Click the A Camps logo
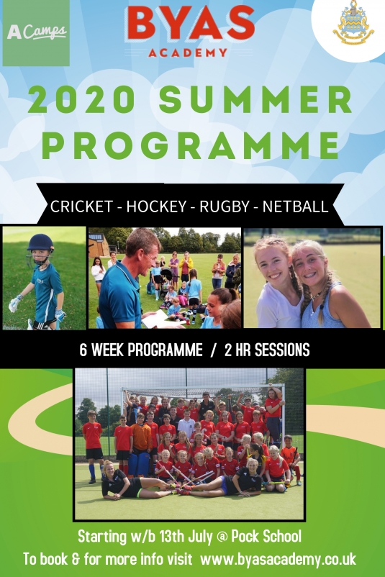pyautogui.click(x=36, y=33)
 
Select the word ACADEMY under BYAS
pyautogui.click(x=188, y=53)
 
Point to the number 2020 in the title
pyautogui.click(x=82, y=99)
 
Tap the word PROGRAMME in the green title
pyautogui.click(x=191, y=144)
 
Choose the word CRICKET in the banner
pyautogui.click(x=81, y=206)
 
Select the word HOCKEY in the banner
pyautogui.click(x=157, y=206)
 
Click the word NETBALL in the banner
pyautogui.click(x=295, y=206)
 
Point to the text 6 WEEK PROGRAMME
pyautogui.click(x=141, y=350)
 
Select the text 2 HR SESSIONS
pyautogui.click(x=267, y=350)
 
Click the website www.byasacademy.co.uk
pyautogui.click(x=278, y=559)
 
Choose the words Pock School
pyautogui.click(x=266, y=537)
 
